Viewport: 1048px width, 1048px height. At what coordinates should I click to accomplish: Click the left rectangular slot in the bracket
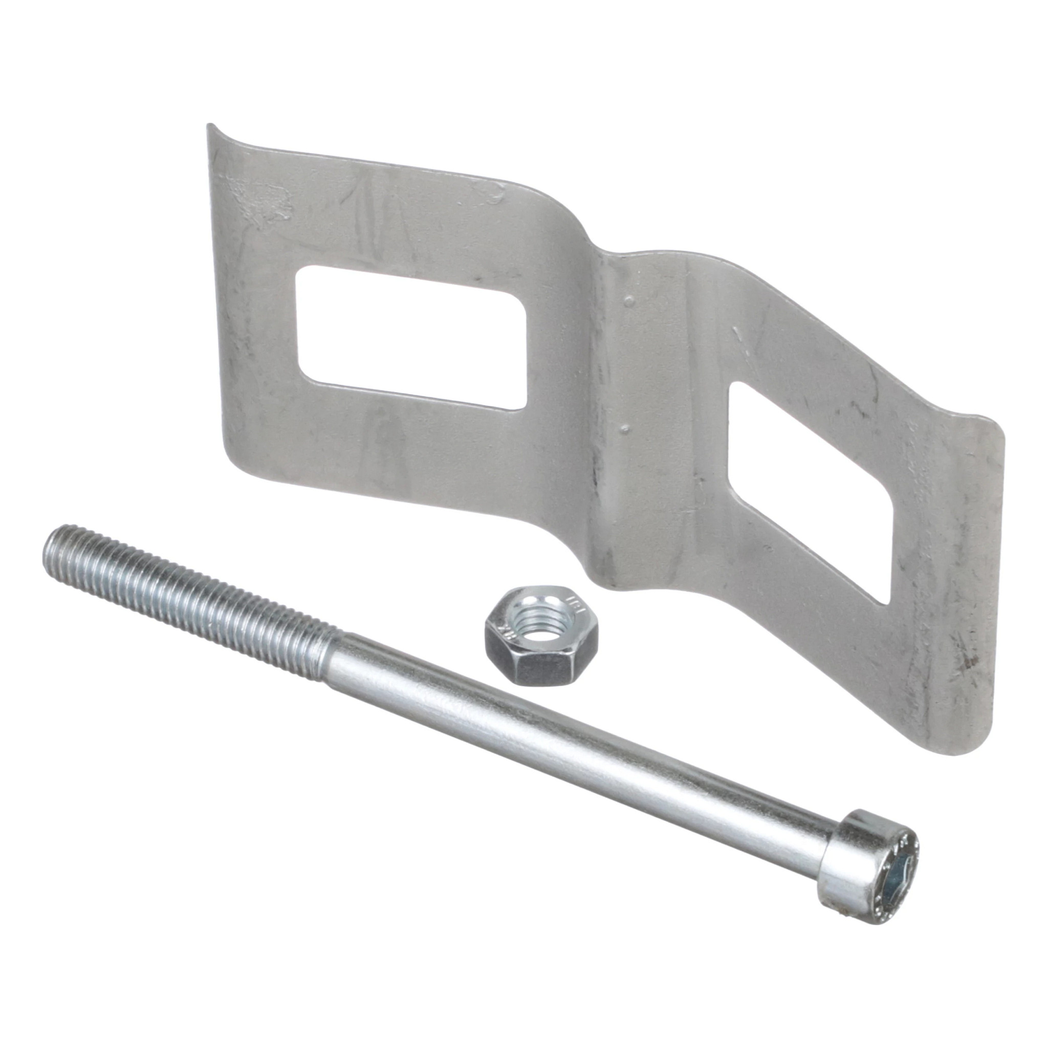(410, 336)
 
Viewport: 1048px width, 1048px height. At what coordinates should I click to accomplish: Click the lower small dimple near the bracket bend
(625, 428)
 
